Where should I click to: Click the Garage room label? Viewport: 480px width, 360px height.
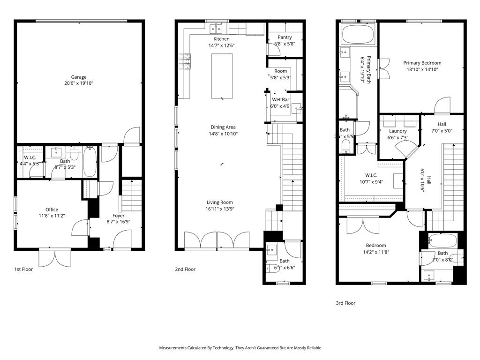tap(79, 77)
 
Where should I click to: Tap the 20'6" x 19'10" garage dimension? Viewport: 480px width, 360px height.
tap(79, 84)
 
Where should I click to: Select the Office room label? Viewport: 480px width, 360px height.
tap(52, 210)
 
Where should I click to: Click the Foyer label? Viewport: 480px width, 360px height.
tap(119, 216)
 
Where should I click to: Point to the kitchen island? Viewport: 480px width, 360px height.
tap(222, 76)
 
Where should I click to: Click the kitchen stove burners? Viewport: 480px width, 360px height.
tap(185, 61)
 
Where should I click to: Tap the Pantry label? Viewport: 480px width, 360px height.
tap(285, 37)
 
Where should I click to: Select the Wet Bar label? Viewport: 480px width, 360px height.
tap(281, 100)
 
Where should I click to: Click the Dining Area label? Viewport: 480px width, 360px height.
tap(223, 127)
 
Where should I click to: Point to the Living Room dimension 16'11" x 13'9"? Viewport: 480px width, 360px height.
tap(220, 209)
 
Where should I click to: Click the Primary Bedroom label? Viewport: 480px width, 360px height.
tap(422, 63)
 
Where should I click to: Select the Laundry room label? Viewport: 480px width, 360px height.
tap(397, 131)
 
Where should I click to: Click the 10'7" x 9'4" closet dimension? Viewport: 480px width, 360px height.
tap(371, 182)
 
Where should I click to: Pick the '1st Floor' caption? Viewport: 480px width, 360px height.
tap(23, 270)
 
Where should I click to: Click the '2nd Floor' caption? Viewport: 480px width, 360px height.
tap(186, 270)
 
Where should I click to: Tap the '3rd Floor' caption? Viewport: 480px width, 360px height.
tap(345, 303)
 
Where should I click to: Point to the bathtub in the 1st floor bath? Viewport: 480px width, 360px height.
tap(89, 162)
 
